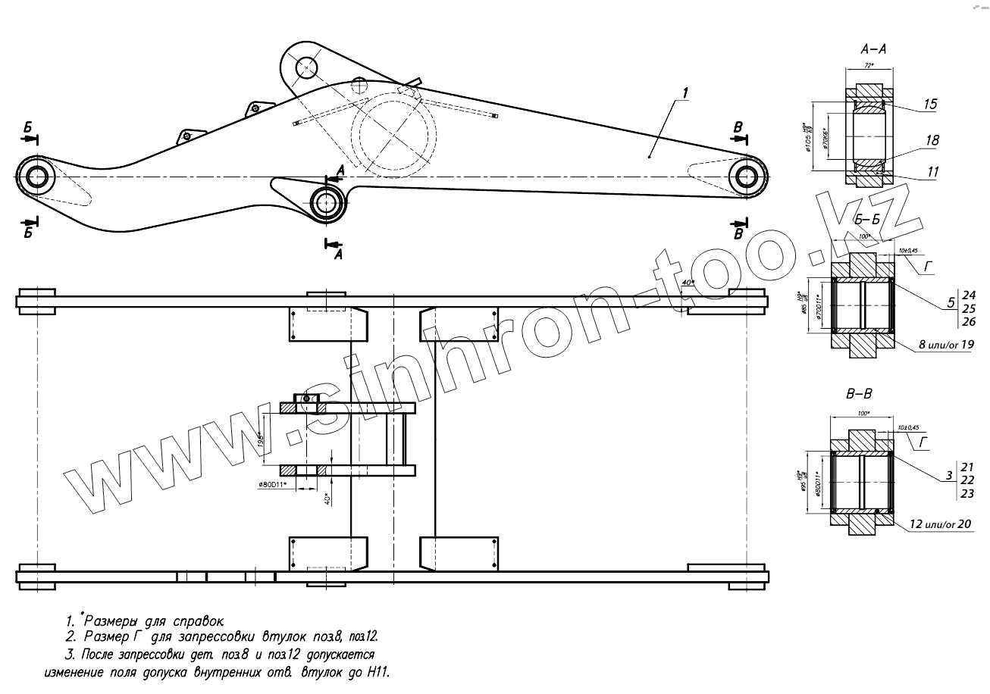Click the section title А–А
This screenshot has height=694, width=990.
(x=874, y=49)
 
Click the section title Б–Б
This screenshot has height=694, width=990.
(x=866, y=220)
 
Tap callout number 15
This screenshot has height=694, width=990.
(x=930, y=105)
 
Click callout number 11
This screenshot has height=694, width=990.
(x=932, y=173)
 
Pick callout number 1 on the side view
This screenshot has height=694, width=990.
(x=685, y=92)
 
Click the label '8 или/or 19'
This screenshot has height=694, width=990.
(x=945, y=344)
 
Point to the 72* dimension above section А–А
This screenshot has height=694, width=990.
(x=869, y=66)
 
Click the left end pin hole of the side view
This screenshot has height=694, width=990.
(x=36, y=177)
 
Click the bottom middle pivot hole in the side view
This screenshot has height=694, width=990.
(x=327, y=203)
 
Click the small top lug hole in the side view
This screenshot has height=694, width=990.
(x=305, y=67)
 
